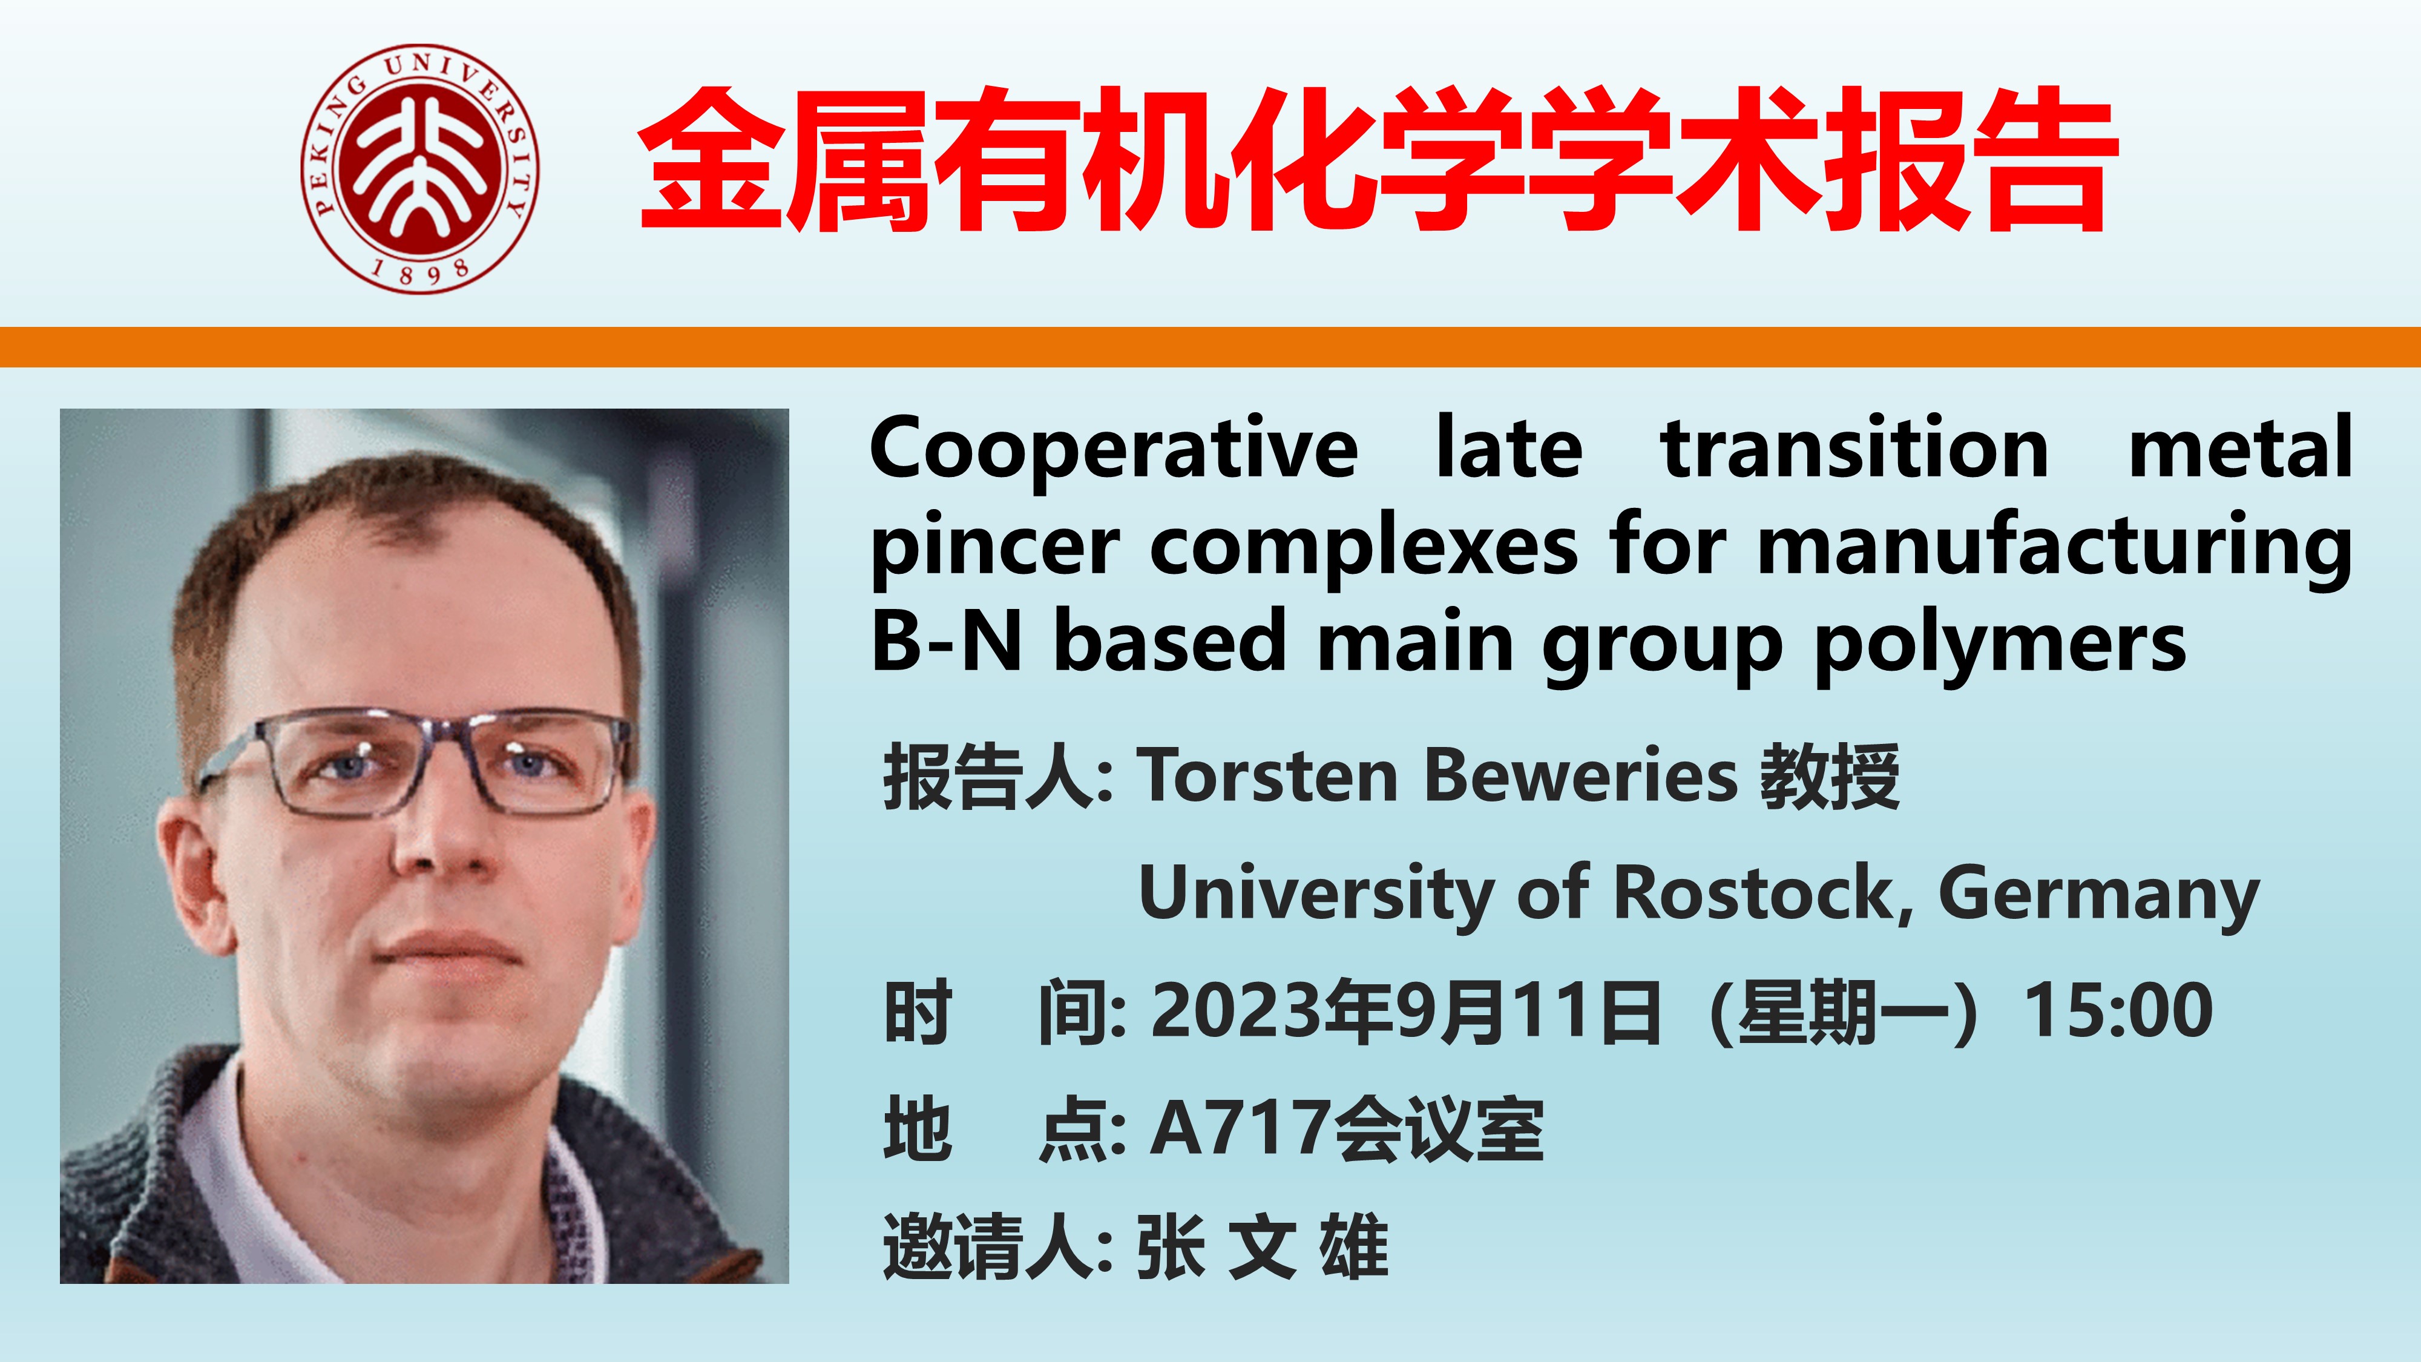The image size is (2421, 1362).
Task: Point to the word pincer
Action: point(995,549)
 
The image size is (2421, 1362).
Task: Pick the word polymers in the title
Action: point(2000,646)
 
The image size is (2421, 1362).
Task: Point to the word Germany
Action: point(2098,896)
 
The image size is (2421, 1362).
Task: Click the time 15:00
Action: point(2118,1010)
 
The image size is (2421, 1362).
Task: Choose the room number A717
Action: point(1241,1128)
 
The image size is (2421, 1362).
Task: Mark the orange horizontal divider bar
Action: point(1210,347)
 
